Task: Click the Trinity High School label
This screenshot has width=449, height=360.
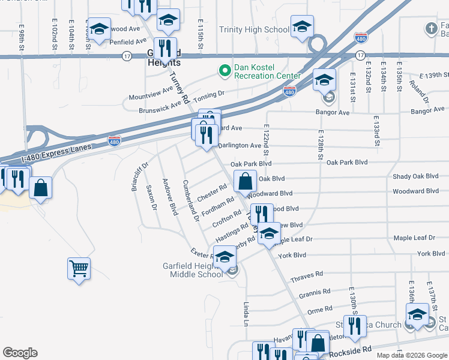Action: pyautogui.click(x=254, y=29)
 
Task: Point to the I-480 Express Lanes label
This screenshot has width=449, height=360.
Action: pyautogui.click(x=56, y=153)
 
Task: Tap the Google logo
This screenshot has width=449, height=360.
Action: pyautogui.click(x=20, y=353)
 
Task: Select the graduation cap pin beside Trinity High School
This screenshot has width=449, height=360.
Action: pyautogui.click(x=302, y=26)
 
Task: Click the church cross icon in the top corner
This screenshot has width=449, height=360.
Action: pyautogui.click(x=431, y=28)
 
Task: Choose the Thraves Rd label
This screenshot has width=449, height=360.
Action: pyautogui.click(x=306, y=277)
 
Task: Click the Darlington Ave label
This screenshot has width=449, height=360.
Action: pyautogui.click(x=240, y=146)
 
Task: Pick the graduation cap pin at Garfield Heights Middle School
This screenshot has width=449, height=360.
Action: pyautogui.click(x=224, y=257)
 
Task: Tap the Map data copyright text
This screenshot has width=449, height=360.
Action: pyautogui.click(x=411, y=355)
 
